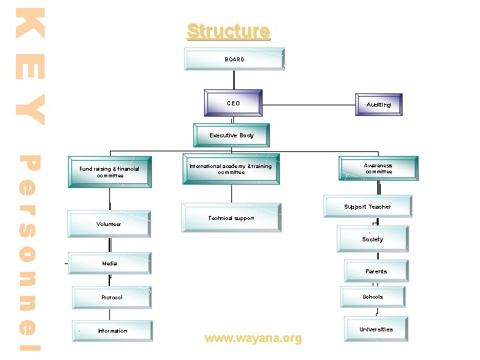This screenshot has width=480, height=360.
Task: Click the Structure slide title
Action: tap(228, 31)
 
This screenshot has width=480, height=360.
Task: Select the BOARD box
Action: tap(235, 59)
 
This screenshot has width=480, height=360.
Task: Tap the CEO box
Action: tap(233, 103)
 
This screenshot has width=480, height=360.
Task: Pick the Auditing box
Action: tap(378, 105)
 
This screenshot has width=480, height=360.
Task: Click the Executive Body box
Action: tap(231, 135)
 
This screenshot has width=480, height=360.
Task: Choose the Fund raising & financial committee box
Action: tap(109, 172)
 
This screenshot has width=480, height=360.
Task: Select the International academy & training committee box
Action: tap(231, 169)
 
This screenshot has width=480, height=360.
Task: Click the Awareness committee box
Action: tap(378, 168)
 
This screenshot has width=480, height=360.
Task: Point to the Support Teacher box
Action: tap(367, 207)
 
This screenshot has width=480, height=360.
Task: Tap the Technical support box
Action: tap(231, 218)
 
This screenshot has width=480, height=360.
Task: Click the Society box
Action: tap(373, 239)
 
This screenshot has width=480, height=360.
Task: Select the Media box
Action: tap(109, 264)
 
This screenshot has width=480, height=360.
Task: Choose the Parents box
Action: tap(376, 271)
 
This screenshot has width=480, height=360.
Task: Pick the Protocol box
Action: tap(111, 297)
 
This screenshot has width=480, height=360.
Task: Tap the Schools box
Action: tap(373, 297)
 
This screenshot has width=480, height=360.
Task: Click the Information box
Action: tap(112, 331)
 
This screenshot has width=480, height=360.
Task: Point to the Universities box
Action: tap(376, 329)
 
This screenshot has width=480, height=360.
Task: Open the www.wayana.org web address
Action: tap(253, 339)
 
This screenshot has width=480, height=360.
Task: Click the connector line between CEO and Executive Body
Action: tap(232, 119)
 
